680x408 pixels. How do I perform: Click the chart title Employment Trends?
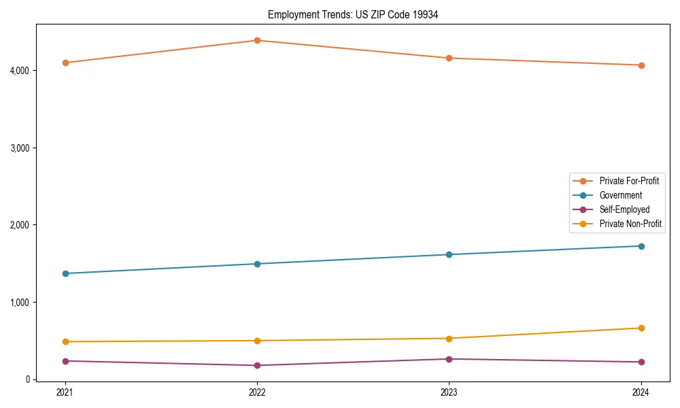pos(352,14)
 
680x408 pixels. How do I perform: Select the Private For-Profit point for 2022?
pos(257,40)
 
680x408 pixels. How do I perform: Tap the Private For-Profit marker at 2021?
pos(65,63)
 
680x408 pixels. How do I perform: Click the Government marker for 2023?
pos(449,254)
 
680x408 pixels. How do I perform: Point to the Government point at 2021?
pos(65,273)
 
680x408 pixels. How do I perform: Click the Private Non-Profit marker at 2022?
pos(257,341)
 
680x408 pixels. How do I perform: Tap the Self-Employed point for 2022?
pos(257,365)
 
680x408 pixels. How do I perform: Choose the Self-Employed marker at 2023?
pos(449,359)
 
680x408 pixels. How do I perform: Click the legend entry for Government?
pos(620,195)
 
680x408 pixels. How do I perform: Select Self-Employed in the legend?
pos(624,209)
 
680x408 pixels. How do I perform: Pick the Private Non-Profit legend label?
pos(630,224)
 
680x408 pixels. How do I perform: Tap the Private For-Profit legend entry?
pos(629,181)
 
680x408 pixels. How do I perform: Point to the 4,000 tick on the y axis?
pos(19,71)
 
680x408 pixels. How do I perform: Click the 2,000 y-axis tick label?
pos(19,225)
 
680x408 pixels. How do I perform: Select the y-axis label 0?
pos(27,379)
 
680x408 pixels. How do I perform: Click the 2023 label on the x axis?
pos(449,392)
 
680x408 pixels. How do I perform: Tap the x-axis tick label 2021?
pos(65,392)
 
